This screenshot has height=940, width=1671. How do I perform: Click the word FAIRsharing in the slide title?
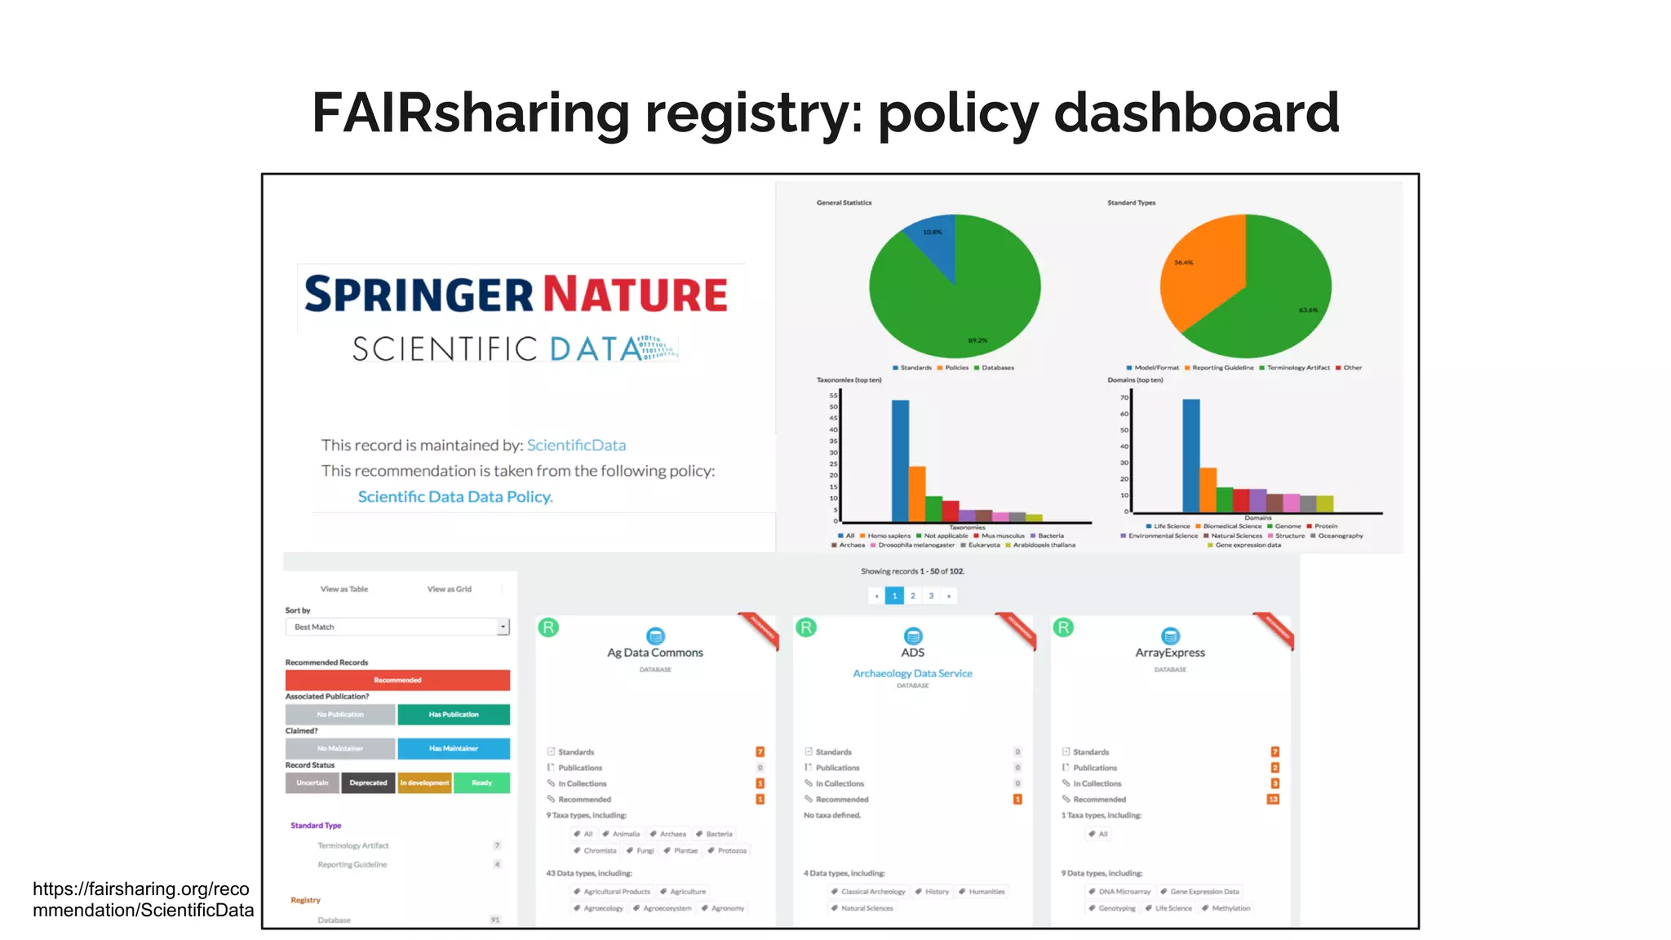471,113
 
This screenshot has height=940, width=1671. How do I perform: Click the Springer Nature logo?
516,295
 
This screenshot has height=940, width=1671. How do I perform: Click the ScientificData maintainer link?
576,446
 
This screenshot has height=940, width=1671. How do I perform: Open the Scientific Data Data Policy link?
454,497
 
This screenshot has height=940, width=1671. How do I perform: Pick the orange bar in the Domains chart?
1208,490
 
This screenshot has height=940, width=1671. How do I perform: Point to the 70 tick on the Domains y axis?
1124,397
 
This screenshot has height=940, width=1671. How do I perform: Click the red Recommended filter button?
397,680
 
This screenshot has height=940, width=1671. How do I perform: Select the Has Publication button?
454,714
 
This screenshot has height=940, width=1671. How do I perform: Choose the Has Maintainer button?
454,748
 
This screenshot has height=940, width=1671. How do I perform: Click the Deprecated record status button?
368,783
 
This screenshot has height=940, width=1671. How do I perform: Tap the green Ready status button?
481,783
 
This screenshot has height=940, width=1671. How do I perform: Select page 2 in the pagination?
912,596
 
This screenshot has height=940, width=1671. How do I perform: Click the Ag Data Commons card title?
655,653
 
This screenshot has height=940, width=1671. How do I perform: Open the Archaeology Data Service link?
912,673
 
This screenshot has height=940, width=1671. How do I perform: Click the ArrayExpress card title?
1170,653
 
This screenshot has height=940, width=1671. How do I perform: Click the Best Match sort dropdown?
397,627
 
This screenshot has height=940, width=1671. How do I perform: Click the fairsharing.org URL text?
142,899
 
